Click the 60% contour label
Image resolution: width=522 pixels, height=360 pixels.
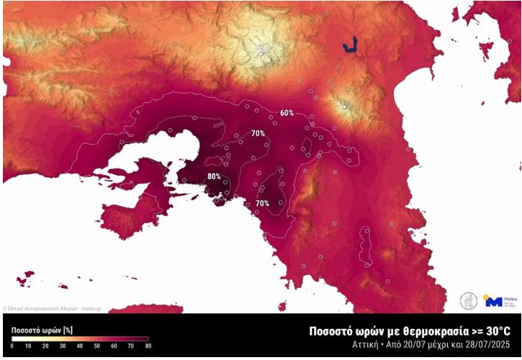287,114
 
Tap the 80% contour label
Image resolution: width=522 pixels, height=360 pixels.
214,176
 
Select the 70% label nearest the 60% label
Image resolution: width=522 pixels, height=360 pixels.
257,134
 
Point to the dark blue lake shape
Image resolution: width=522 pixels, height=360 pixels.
350,47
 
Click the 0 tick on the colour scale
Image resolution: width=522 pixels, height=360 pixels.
12,346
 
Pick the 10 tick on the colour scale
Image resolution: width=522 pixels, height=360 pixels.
29,346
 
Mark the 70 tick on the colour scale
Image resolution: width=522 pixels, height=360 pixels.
131,346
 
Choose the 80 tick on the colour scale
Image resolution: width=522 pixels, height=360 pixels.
148,346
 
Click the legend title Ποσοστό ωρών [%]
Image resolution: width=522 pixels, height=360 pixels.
42,329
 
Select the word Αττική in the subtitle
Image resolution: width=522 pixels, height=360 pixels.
362,346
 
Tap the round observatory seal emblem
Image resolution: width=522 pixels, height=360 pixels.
469,301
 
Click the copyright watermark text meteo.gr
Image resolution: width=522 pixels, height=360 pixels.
92,308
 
